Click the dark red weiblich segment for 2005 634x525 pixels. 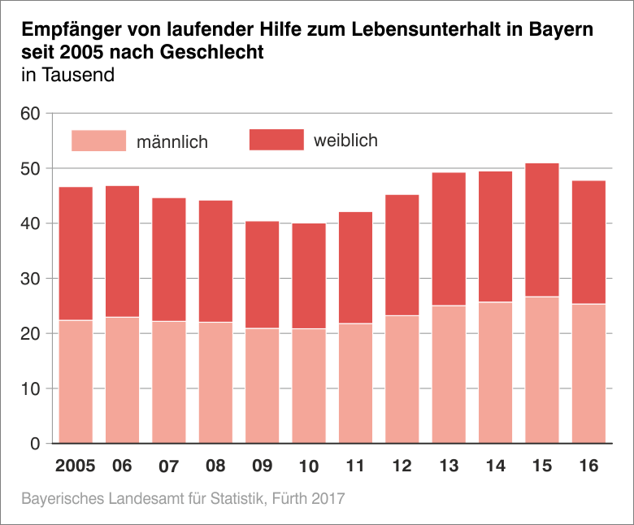76,254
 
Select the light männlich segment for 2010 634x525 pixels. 309,386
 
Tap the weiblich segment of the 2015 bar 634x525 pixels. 542,230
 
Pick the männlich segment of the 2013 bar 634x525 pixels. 449,375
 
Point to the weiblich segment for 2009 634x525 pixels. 263,275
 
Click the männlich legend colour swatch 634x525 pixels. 99,141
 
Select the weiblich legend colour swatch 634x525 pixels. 276,140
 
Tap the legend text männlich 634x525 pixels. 172,142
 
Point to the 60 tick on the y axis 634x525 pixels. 30,113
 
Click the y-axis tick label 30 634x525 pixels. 30,279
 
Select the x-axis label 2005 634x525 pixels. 76,466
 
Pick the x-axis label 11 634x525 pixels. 355,466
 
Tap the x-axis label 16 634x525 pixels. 588,466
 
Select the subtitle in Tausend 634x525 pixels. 67,76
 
